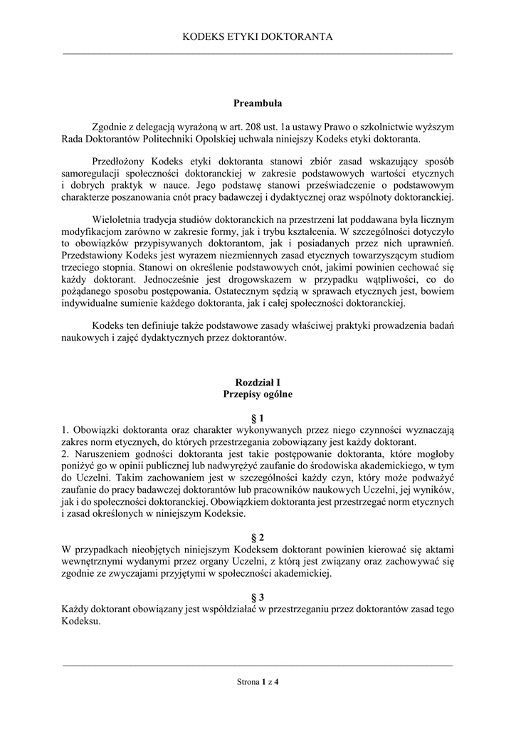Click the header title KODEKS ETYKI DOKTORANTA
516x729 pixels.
[x=258, y=36]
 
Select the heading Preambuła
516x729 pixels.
[x=258, y=103]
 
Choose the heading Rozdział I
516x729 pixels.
[x=258, y=382]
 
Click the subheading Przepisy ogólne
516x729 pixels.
[x=258, y=394]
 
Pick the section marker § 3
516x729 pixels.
[x=258, y=597]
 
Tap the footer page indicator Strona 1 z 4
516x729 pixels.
[x=258, y=682]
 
